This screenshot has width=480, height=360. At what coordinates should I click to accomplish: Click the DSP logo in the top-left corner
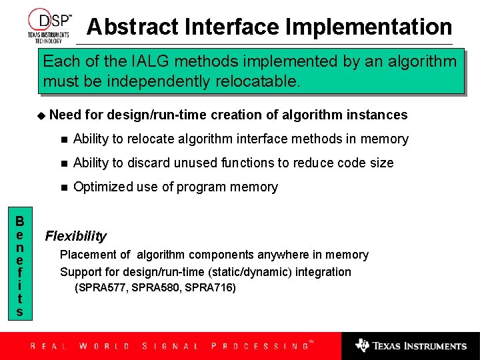[49, 24]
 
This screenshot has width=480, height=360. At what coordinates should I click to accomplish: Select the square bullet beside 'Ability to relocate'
[63, 139]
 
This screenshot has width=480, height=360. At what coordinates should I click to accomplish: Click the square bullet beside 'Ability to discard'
[63, 163]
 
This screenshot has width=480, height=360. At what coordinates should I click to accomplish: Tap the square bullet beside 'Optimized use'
[63, 187]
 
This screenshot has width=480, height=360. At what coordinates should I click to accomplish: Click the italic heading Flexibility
[75, 236]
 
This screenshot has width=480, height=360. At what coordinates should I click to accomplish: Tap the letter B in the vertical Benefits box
[20, 221]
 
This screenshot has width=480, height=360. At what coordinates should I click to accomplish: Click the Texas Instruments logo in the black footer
[411, 345]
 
